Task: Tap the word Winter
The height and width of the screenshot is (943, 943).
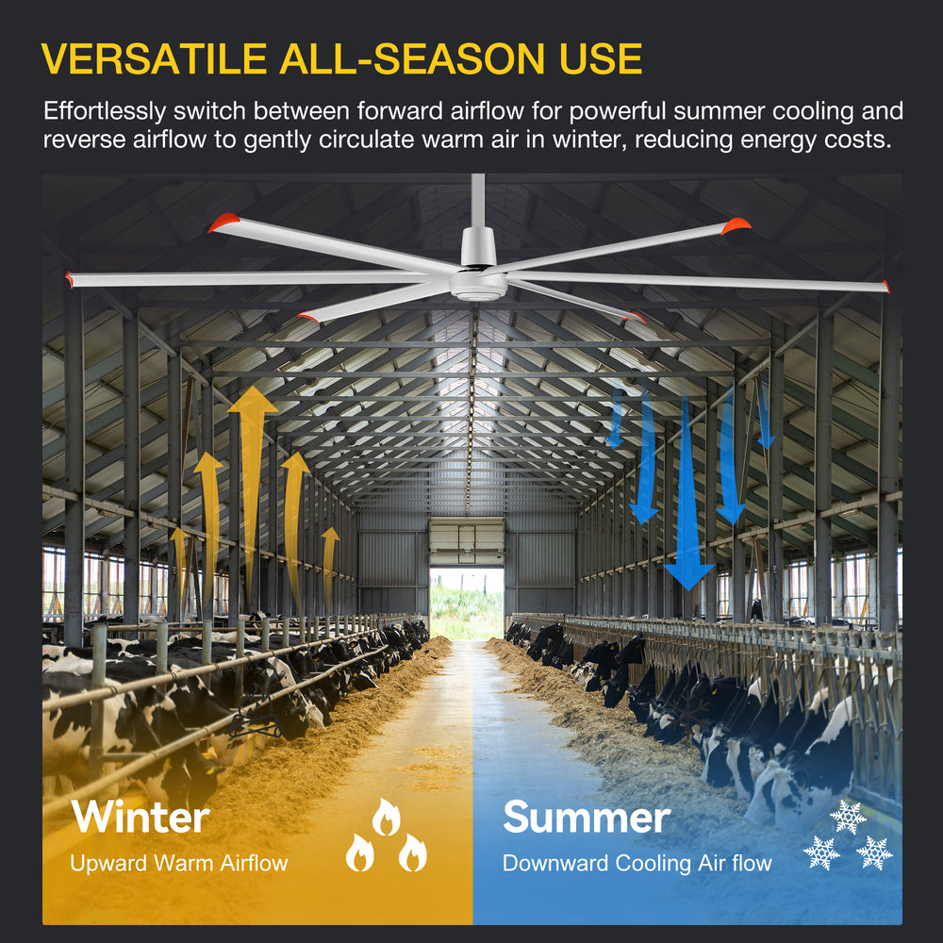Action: pyautogui.click(x=141, y=817)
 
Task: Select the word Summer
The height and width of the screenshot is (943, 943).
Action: pyautogui.click(x=587, y=817)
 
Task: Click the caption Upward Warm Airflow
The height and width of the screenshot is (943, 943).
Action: pyautogui.click(x=178, y=863)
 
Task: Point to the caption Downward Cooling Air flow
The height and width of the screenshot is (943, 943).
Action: pyautogui.click(x=637, y=863)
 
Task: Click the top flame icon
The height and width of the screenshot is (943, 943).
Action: pyautogui.click(x=385, y=818)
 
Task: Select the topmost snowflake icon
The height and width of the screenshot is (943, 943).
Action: pyautogui.click(x=847, y=817)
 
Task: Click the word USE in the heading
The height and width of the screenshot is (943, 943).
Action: pyautogui.click(x=596, y=58)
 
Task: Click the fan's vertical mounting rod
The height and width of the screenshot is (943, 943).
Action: pyautogui.click(x=478, y=203)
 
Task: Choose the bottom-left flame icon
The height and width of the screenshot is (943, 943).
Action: pyautogui.click(x=359, y=853)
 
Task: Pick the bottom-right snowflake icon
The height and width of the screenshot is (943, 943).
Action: pyautogui.click(x=873, y=852)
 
